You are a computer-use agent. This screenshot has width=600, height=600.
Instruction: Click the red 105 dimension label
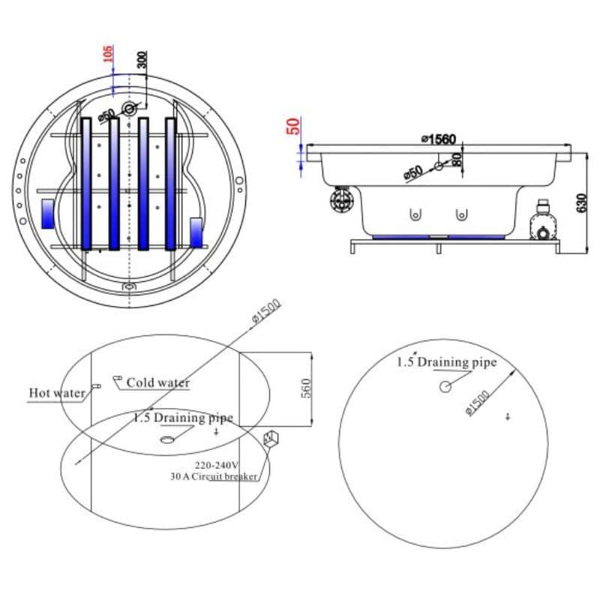108,54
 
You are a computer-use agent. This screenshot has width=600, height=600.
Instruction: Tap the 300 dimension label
142,60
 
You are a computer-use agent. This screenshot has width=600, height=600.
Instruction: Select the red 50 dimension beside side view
293,126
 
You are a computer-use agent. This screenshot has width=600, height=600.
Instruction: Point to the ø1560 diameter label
439,139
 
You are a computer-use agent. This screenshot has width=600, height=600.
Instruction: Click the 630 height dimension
581,202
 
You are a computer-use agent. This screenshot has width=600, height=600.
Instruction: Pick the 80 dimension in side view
456,160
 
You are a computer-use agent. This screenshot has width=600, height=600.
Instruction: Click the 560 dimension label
306,388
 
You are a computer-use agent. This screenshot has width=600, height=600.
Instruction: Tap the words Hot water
57,393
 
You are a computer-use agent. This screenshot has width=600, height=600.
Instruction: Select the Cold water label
157,382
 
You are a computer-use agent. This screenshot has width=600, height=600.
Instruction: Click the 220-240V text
217,465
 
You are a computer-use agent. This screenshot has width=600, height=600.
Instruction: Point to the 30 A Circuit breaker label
214,477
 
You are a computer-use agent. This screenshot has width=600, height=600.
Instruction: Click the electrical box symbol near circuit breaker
271,438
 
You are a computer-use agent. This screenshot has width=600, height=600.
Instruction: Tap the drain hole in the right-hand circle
445,387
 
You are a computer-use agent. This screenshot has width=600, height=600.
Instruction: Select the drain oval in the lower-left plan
166,439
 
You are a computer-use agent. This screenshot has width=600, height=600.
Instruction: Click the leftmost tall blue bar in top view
86,184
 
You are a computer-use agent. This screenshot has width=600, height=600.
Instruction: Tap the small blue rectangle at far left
48,214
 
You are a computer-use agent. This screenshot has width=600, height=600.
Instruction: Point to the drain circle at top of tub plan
129,109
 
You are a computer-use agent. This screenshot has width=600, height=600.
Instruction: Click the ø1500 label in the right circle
478,403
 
